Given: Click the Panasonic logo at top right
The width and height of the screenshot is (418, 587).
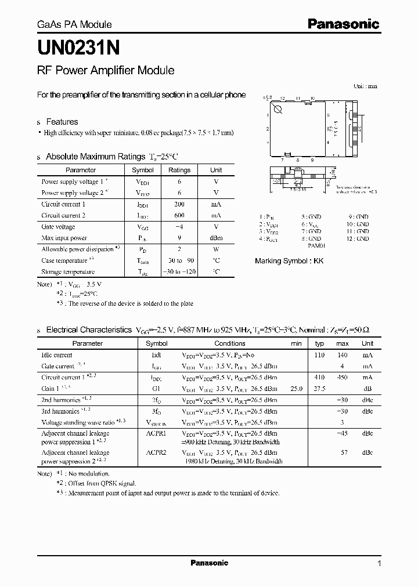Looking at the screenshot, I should point(343,24).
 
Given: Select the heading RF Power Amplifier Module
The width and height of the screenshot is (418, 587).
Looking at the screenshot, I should point(106,71).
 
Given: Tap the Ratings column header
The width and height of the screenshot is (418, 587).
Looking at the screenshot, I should point(179,170).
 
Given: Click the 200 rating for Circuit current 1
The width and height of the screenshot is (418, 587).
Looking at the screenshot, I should point(179,204).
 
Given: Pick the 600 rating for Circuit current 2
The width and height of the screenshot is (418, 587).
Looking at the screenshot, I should point(179,215).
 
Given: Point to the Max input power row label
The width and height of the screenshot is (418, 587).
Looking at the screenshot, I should point(64,238).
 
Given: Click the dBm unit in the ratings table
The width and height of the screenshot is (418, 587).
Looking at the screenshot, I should point(216,238).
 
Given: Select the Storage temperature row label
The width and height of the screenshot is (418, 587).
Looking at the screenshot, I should point(68,271).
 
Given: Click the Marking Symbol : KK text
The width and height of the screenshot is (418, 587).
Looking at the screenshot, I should point(289,261).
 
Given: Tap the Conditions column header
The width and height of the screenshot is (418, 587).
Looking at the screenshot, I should point(230,343).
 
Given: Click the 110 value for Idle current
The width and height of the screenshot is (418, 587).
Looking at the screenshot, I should point(319,355).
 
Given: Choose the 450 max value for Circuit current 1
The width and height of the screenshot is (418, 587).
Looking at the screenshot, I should point(343,377).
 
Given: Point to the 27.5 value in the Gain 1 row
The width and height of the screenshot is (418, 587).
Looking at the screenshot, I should point(319,389).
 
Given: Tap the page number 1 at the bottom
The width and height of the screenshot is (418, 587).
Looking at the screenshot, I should point(379,563).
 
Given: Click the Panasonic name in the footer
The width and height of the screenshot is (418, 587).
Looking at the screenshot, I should point(210,563).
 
